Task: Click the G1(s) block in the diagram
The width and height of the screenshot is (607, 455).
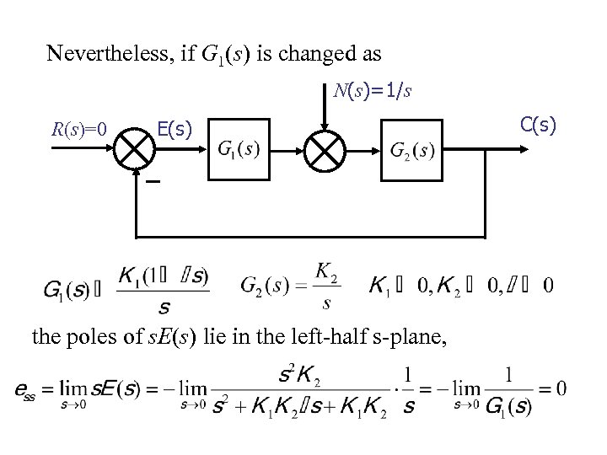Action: tap(239, 150)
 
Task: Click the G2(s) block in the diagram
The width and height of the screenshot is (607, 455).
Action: tap(412, 150)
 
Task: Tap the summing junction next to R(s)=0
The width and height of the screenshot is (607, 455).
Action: tap(135, 149)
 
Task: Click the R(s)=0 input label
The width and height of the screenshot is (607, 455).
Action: tap(78, 130)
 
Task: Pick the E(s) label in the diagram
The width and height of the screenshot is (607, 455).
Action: tap(175, 129)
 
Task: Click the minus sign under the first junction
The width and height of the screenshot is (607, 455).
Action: tap(153, 181)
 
